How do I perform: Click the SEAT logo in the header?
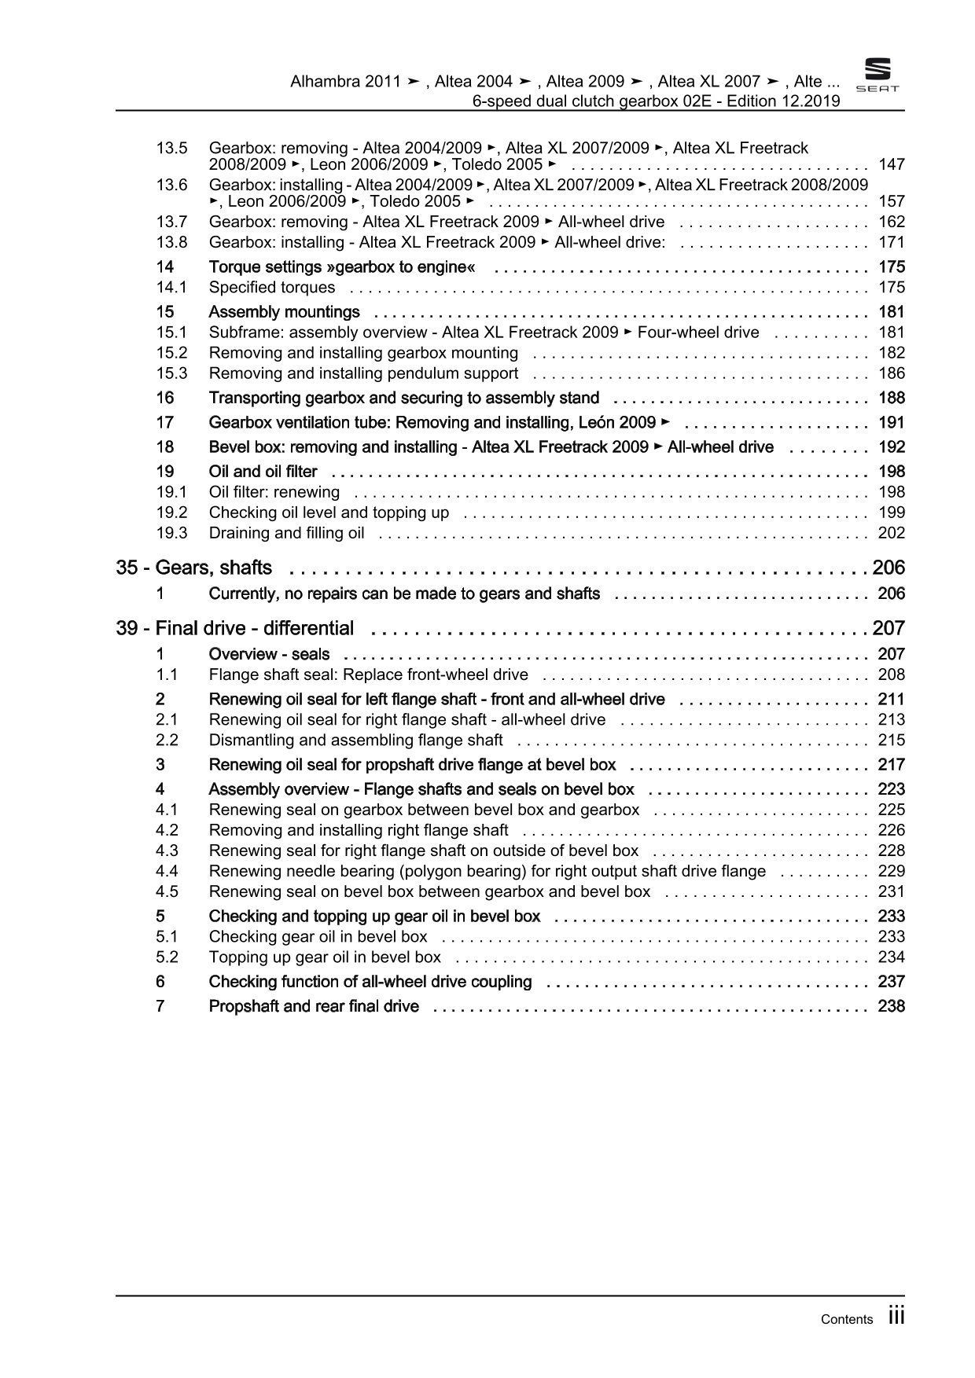tap(877, 76)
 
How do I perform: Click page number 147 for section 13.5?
tap(891, 164)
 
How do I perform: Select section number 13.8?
tap(171, 242)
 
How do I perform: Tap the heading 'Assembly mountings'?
tap(284, 311)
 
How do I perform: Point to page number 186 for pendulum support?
tap(891, 373)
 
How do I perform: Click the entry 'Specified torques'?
tap(271, 287)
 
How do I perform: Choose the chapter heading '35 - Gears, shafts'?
tap(194, 568)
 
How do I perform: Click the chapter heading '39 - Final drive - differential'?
tap(235, 628)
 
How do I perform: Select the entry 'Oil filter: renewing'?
tap(274, 492)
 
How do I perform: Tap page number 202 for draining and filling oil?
tap(891, 533)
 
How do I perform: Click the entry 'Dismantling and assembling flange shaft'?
tap(355, 740)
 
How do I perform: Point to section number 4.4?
tap(167, 871)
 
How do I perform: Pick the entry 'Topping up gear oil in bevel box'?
tap(325, 957)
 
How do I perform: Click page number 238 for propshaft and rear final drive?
tap(891, 1006)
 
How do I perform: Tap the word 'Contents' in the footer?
tap(846, 1319)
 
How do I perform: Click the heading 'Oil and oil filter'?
tap(263, 472)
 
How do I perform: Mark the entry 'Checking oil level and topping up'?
tap(329, 513)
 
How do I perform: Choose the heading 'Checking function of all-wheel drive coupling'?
tap(370, 982)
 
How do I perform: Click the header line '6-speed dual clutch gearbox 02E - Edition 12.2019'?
tap(656, 101)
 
